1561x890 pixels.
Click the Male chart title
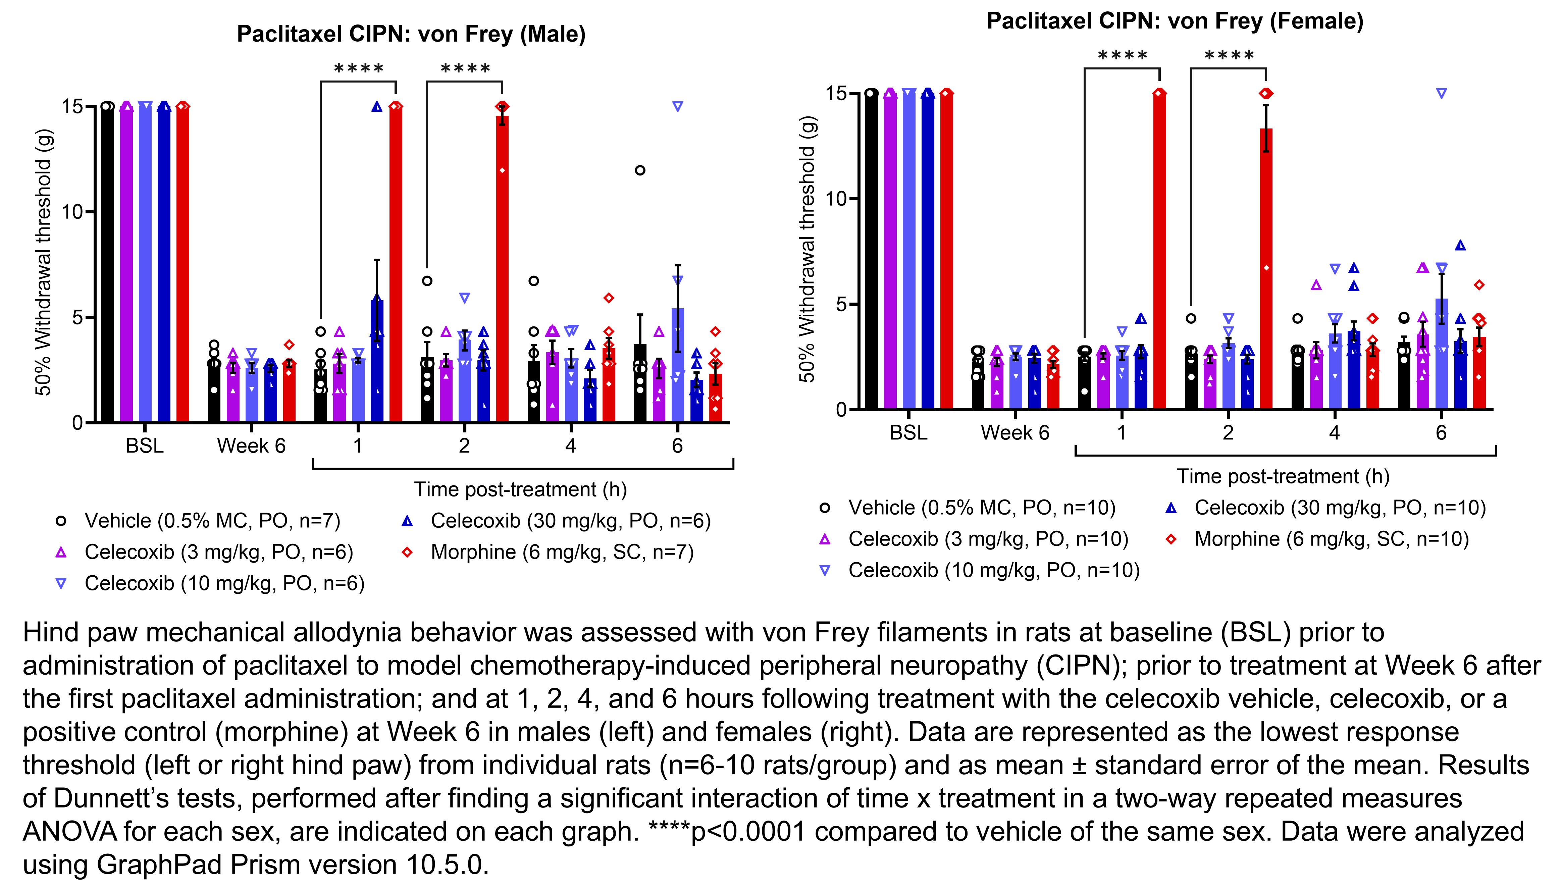tap(411, 34)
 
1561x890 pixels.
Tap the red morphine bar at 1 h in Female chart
tap(1159, 251)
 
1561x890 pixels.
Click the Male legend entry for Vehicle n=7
tap(211, 521)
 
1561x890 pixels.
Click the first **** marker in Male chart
tap(359, 68)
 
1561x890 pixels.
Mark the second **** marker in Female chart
tap(1229, 56)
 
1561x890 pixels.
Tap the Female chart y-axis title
tap(807, 249)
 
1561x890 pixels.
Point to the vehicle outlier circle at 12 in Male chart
tap(639, 170)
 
